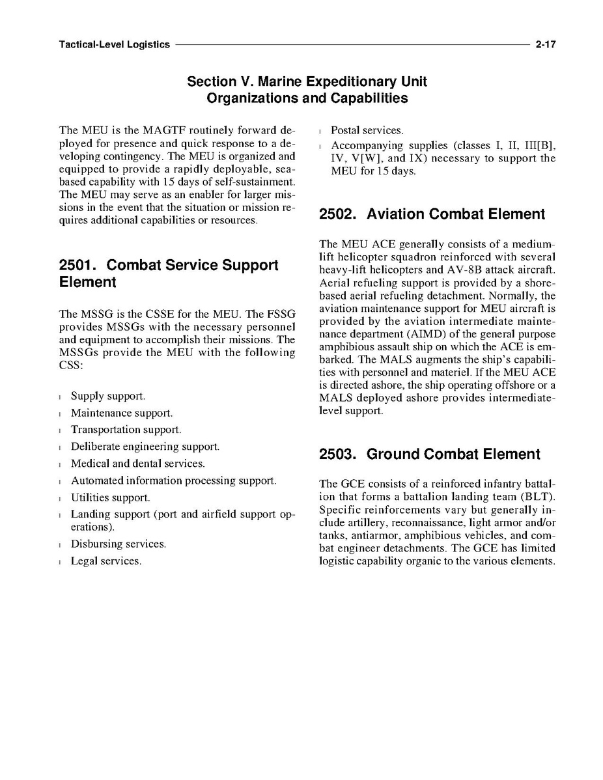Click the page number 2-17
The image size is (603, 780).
545,45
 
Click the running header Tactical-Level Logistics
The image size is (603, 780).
114,45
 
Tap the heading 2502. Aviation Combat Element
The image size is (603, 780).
432,214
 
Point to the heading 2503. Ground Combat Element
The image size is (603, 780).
429,454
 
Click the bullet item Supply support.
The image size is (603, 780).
108,396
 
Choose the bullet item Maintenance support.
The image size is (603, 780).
122,413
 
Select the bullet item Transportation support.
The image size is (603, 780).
126,430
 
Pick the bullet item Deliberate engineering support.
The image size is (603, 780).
145,447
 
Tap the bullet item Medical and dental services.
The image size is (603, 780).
138,464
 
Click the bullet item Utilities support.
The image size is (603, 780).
111,497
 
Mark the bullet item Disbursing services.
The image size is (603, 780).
119,544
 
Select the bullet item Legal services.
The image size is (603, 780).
106,561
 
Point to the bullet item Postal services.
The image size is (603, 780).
367,131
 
